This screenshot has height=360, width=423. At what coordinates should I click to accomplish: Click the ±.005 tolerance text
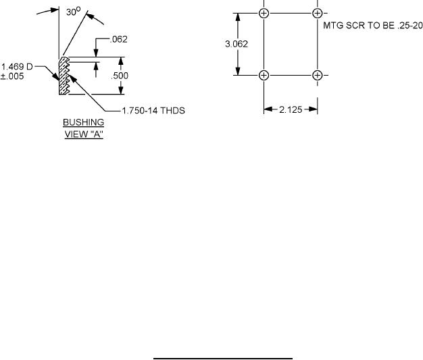coord(13,76)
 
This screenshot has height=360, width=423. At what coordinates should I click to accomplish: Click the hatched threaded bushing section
coord(64,76)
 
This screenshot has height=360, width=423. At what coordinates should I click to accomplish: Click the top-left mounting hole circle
coord(264,13)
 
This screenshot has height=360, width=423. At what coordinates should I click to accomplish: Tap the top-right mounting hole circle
coord(318,13)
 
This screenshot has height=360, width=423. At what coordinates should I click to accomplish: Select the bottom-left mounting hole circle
coord(264,75)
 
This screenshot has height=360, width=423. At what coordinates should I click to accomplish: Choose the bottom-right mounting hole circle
coord(318,75)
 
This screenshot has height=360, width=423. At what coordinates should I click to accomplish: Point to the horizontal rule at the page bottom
coord(222,359)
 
